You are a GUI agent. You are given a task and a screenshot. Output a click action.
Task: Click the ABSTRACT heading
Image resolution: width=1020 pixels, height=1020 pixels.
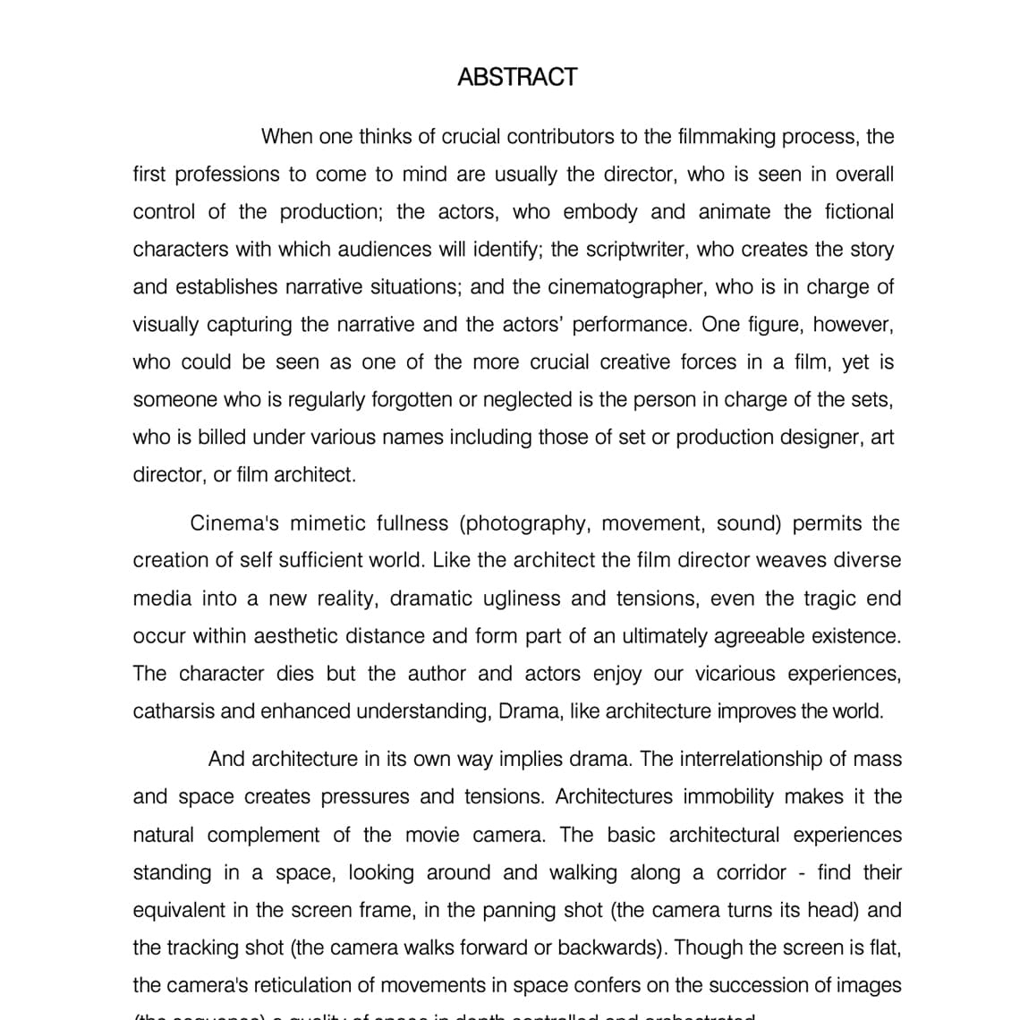tap(517, 77)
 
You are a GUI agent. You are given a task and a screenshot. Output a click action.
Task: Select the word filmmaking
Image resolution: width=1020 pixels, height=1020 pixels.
tap(727, 137)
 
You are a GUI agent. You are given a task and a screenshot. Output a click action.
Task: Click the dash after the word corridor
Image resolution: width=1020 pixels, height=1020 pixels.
tap(803, 872)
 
